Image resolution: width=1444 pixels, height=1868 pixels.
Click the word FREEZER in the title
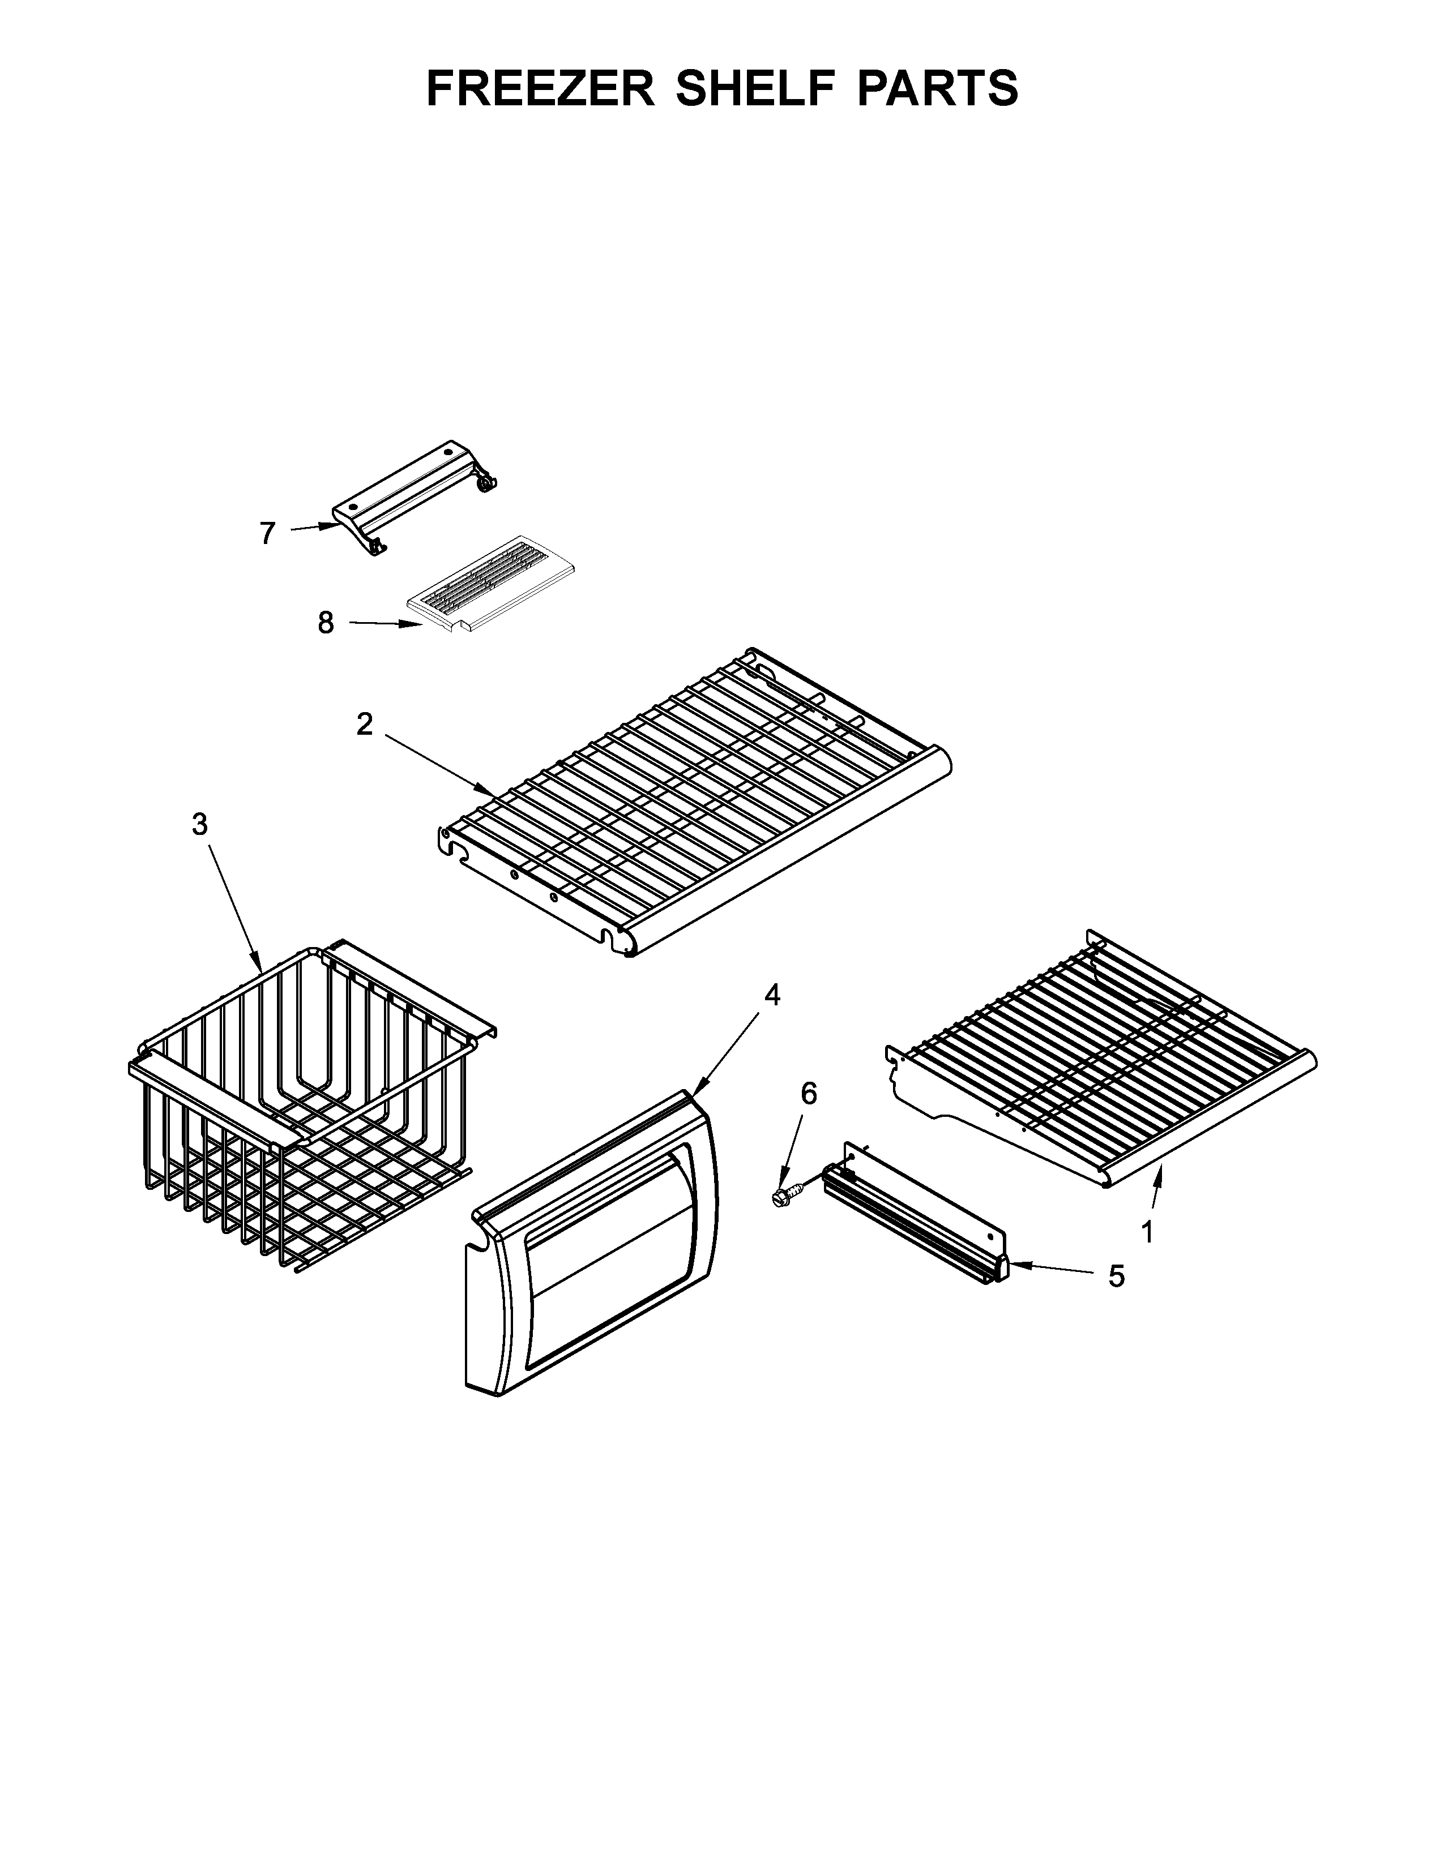(540, 88)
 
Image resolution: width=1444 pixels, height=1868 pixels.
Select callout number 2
(365, 725)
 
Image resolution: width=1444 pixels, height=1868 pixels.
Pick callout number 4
(772, 995)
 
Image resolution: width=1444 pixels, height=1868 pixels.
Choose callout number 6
(809, 1092)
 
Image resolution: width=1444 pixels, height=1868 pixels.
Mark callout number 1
(1147, 1232)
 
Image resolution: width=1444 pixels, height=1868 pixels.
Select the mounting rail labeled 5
(915, 1215)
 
